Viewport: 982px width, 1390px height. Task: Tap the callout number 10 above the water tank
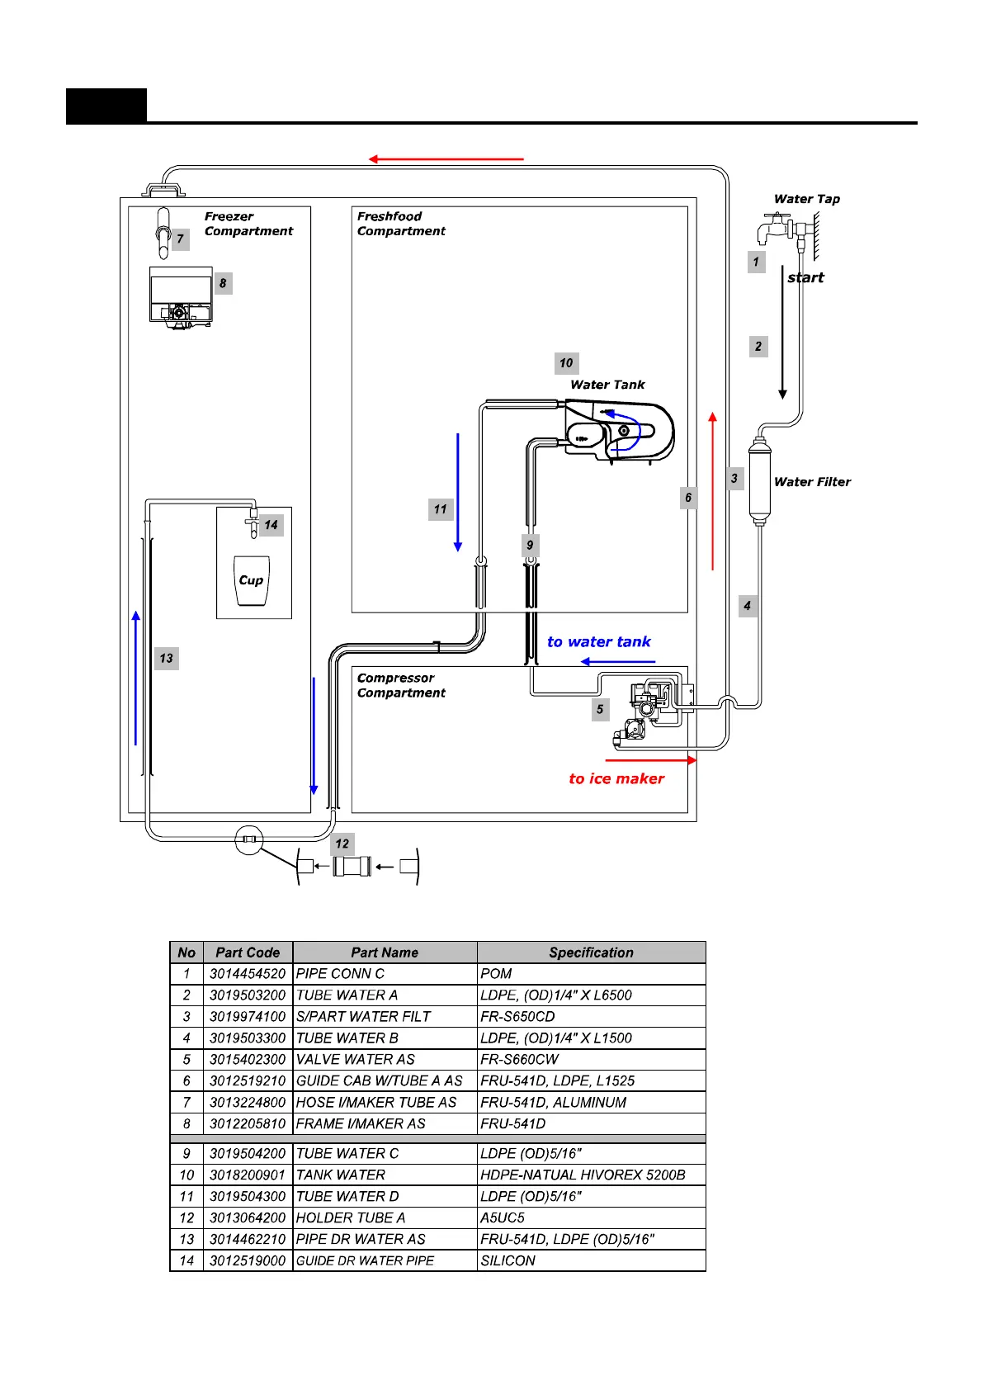pos(566,363)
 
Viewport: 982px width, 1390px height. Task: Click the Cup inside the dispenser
pos(251,580)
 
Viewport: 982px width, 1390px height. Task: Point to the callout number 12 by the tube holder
pos(342,844)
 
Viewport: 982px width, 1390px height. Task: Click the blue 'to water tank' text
pos(598,642)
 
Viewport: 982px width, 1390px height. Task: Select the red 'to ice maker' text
pos(616,778)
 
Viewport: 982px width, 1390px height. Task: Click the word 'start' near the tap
pos(805,277)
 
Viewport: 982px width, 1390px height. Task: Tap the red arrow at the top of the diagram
pos(446,158)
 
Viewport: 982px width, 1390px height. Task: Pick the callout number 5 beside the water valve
pos(600,709)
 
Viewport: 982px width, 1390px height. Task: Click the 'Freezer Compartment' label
pos(248,224)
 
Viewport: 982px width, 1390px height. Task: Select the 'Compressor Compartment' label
pos(401,685)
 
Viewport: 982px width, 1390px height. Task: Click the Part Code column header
pos(248,953)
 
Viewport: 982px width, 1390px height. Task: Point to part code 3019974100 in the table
pos(248,1017)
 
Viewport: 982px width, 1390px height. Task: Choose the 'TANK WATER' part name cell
pos(341,1175)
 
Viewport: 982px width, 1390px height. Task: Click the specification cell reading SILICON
pos(508,1261)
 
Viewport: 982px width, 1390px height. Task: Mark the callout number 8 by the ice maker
pos(223,283)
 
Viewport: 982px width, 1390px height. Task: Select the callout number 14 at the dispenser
pos(271,525)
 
